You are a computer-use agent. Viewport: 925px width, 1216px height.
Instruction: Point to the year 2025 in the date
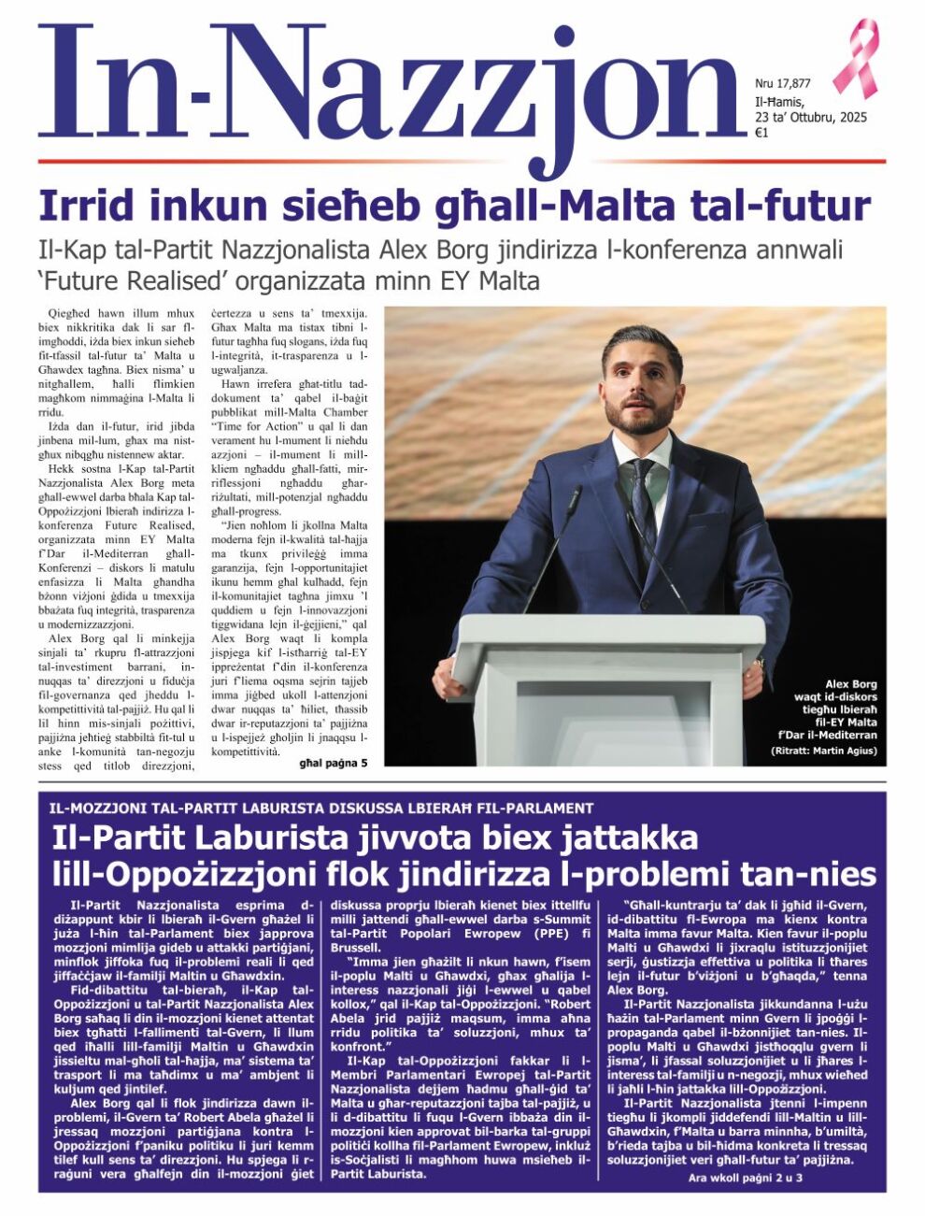[x=853, y=117]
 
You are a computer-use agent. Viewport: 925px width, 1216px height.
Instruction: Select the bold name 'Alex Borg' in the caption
[x=851, y=683]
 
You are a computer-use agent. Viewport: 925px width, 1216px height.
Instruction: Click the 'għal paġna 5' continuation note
[x=333, y=763]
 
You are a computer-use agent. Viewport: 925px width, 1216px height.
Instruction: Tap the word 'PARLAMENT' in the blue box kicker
[x=548, y=808]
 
